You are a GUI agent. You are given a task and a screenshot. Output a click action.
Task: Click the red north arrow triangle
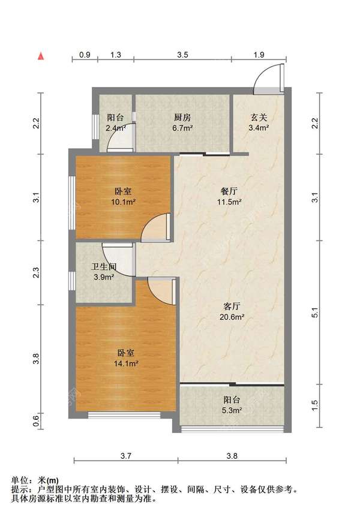(x=41, y=56)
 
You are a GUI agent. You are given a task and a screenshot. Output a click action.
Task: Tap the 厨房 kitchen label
(x=182, y=118)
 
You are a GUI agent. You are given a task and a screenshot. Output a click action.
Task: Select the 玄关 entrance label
(x=259, y=118)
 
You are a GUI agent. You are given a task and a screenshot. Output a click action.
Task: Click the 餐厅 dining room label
(x=229, y=191)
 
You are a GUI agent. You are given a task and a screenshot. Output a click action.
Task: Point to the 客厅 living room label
(x=232, y=306)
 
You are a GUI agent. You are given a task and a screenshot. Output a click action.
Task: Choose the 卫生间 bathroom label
(x=104, y=266)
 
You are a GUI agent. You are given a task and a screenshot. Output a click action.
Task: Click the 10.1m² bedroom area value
(x=123, y=202)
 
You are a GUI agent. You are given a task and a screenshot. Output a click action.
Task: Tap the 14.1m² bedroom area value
(x=126, y=363)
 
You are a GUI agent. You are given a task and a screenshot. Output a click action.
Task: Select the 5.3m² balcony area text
(x=232, y=410)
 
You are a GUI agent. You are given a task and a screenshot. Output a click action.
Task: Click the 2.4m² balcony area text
(x=115, y=128)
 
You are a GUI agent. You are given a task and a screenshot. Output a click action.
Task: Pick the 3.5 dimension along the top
(x=182, y=55)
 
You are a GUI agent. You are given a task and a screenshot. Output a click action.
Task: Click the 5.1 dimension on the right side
(x=315, y=312)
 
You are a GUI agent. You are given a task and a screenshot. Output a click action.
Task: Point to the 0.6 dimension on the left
(x=36, y=421)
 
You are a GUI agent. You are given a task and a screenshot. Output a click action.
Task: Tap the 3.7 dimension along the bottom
(x=126, y=456)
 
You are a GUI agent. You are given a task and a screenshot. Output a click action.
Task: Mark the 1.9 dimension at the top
(x=259, y=55)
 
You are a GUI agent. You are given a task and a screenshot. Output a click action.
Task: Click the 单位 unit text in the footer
(x=20, y=480)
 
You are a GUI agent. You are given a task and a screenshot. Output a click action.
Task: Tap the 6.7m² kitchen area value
(x=182, y=128)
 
